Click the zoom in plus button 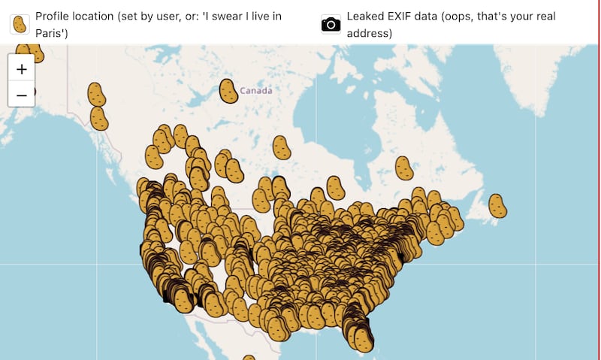22,69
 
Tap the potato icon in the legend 20,23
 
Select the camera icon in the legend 331,23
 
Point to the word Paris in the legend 53,33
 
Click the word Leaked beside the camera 364,16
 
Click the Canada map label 255,91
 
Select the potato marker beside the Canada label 228,91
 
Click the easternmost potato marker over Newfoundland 497,205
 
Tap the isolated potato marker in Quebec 404,168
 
